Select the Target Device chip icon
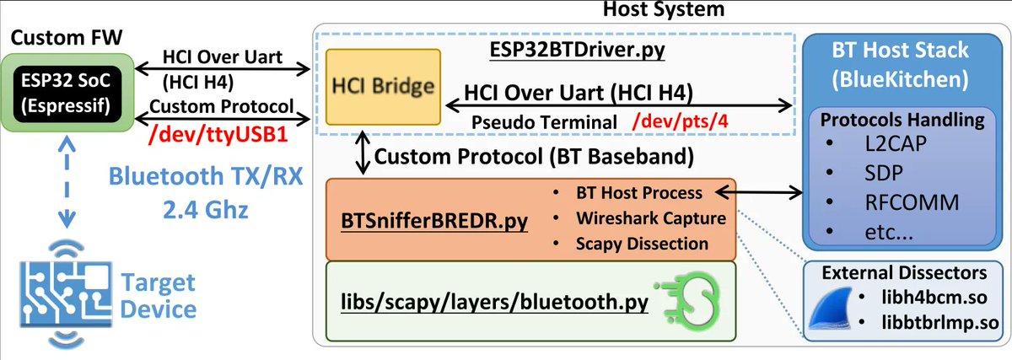62,291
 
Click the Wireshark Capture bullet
650,218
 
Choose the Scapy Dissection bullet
642,244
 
